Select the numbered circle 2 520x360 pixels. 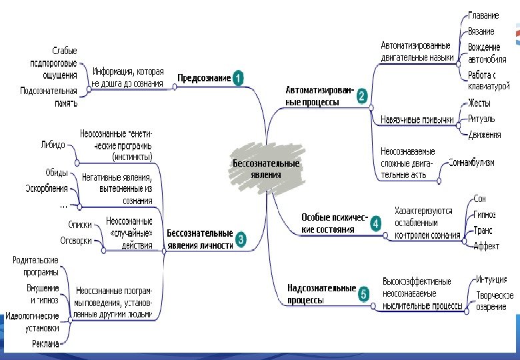tap(361, 96)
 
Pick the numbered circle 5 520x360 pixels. tap(363, 293)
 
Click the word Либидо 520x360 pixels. tap(53, 144)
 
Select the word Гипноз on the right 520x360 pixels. tap(484, 215)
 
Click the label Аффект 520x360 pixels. tap(486, 246)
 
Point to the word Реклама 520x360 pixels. tap(45, 343)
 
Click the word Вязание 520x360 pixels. tap(481, 31)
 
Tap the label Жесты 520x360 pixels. tap(479, 103)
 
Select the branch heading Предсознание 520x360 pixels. tap(204, 78)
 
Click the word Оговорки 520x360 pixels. tap(76, 241)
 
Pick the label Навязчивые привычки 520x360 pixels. tap(417, 120)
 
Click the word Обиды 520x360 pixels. tap(56, 172)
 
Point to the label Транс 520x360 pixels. tap(483, 230)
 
